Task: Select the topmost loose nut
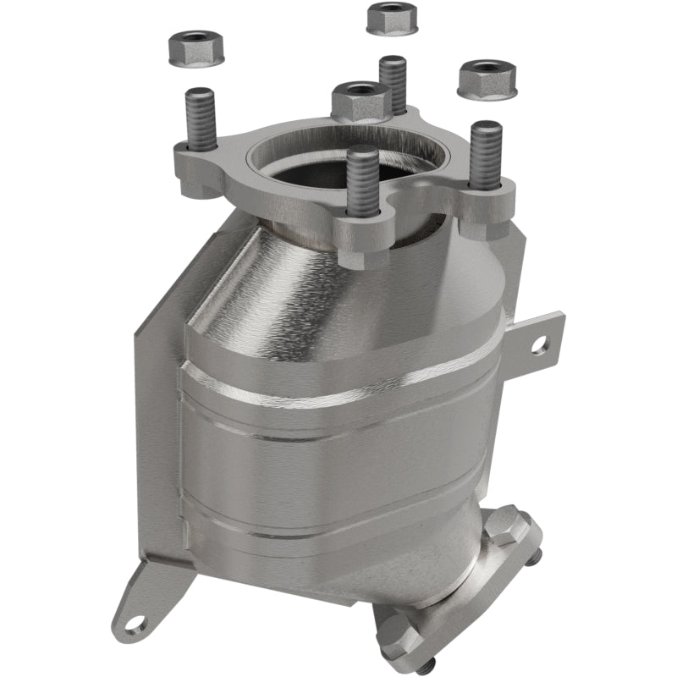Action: coord(392,18)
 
